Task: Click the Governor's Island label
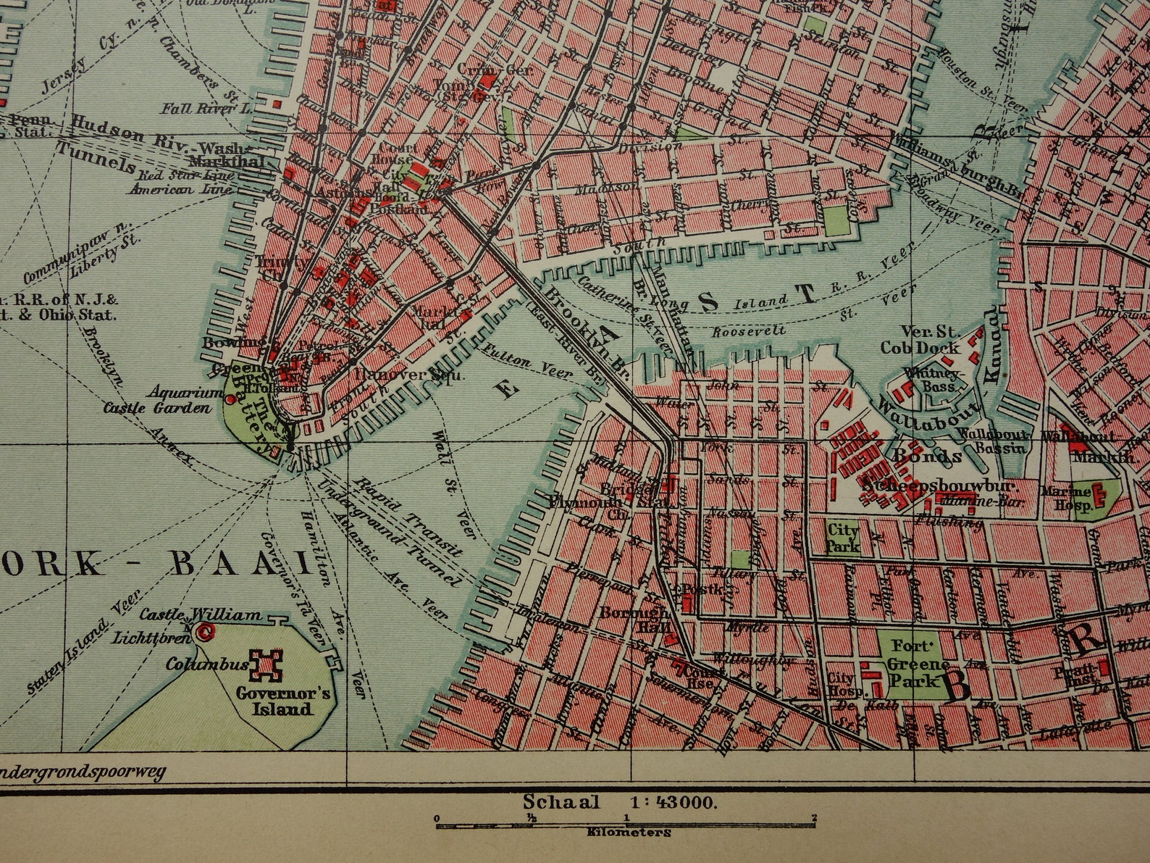tap(284, 700)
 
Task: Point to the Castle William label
tap(200, 614)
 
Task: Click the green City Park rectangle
tap(842, 537)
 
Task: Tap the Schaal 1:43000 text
tap(620, 801)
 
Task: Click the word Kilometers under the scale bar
tap(629, 833)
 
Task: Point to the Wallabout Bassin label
tap(991, 441)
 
